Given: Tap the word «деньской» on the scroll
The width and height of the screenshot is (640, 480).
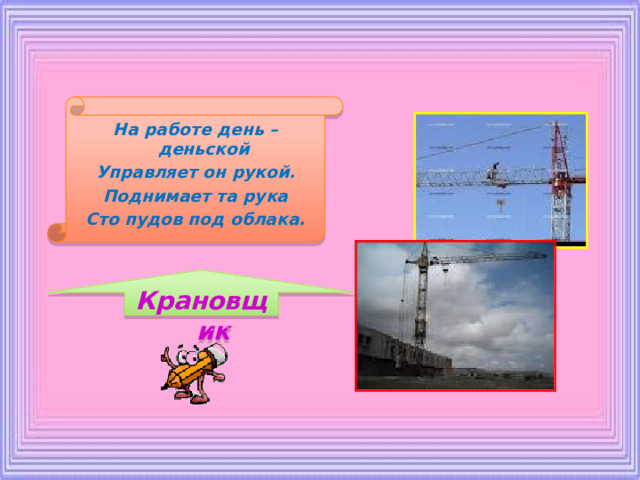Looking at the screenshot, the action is coord(204,149).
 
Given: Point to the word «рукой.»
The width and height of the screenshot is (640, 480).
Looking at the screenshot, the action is coord(264,173).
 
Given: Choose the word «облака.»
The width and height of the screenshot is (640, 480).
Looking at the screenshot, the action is coord(268,220).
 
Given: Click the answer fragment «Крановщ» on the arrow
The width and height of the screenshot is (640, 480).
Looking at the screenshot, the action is coord(203,302).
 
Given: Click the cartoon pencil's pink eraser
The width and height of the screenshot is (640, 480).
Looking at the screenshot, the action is coord(217,354).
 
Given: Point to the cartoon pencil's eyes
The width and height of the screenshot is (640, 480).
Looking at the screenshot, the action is coord(187,358).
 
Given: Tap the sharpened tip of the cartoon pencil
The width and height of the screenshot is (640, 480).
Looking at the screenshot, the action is coord(164,386).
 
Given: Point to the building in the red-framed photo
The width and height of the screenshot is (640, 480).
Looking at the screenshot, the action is coord(404,350).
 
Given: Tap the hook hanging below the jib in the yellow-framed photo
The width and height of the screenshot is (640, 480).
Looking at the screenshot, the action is coord(501,204).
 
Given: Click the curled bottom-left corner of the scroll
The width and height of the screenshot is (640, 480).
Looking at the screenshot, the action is coord(57,233).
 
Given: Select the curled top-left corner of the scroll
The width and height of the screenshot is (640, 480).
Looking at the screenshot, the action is coord(77,108).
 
